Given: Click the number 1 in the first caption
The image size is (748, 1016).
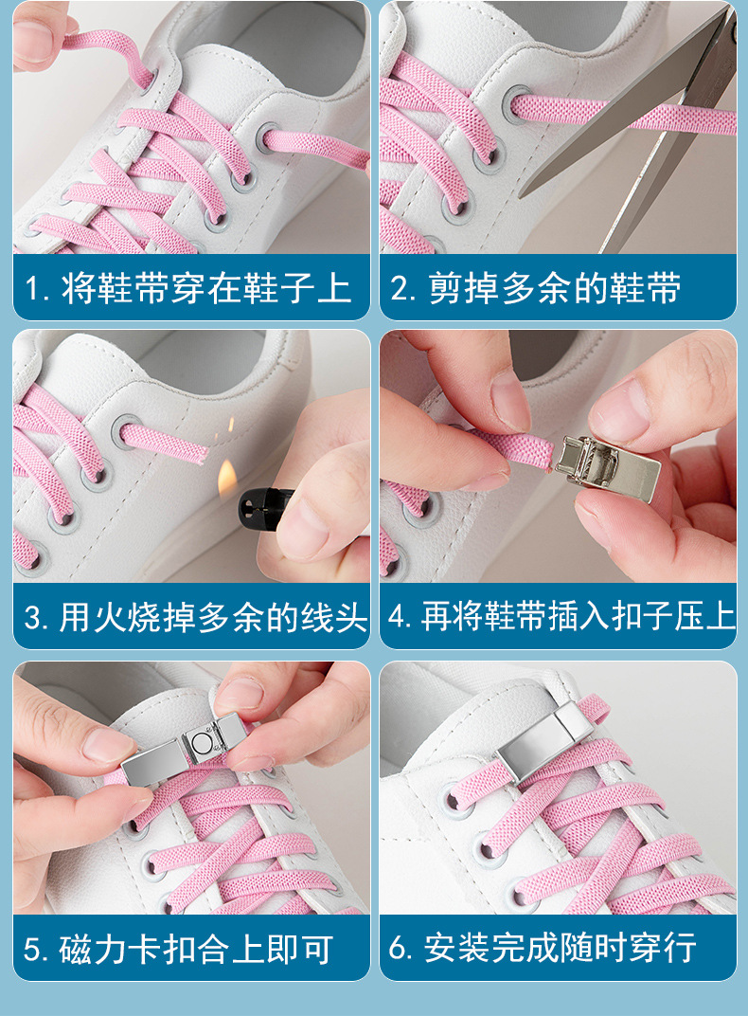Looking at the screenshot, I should pyautogui.click(x=35, y=289).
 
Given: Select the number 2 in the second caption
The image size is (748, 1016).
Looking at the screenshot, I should pyautogui.click(x=401, y=289).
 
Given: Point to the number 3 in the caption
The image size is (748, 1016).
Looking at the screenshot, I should pyautogui.click(x=35, y=619).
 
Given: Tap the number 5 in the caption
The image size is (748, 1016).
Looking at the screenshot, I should pyautogui.click(x=35, y=949).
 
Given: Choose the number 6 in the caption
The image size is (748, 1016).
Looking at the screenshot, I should pyautogui.click(x=401, y=949).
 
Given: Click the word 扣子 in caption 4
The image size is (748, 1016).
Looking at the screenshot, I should pyautogui.click(x=664, y=618).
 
